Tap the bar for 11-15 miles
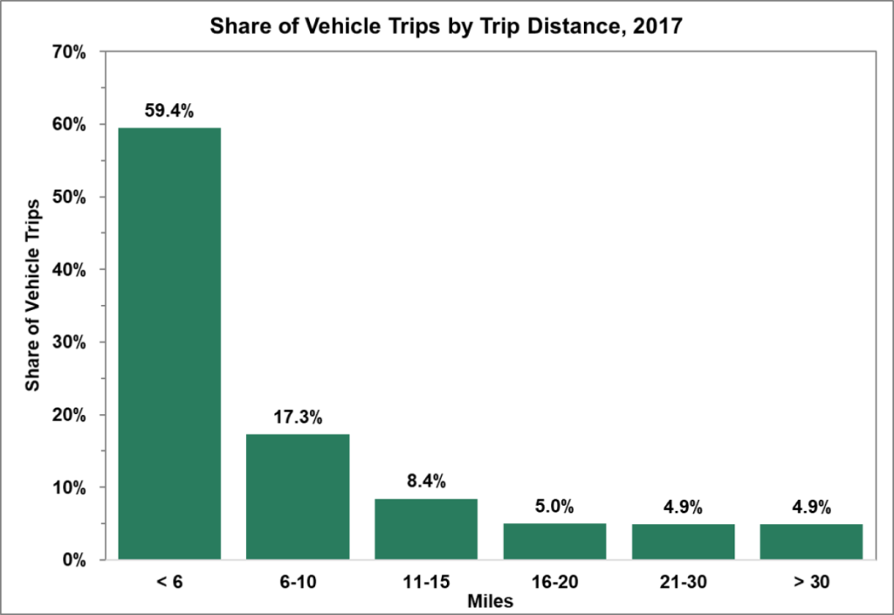pyautogui.click(x=426, y=529)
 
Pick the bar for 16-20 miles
pyautogui.click(x=554, y=541)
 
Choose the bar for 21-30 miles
pyautogui.click(x=683, y=542)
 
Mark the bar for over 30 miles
pyautogui.click(x=811, y=542)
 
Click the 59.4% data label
pyautogui.click(x=169, y=111)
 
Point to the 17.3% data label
pyautogui.click(x=298, y=418)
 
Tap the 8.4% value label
pyautogui.click(x=426, y=481)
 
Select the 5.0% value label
pyautogui.click(x=554, y=507)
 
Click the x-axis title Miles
pyautogui.click(x=489, y=601)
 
